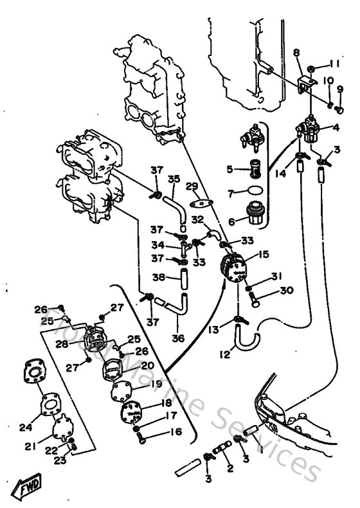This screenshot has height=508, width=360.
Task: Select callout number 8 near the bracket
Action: [296, 51]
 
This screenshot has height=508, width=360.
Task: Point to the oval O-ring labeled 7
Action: [255, 191]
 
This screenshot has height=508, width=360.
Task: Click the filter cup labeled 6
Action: [254, 213]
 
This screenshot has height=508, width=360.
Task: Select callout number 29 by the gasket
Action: [192, 186]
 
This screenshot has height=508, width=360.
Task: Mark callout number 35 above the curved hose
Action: [174, 179]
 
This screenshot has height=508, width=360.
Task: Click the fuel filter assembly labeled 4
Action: [310, 132]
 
